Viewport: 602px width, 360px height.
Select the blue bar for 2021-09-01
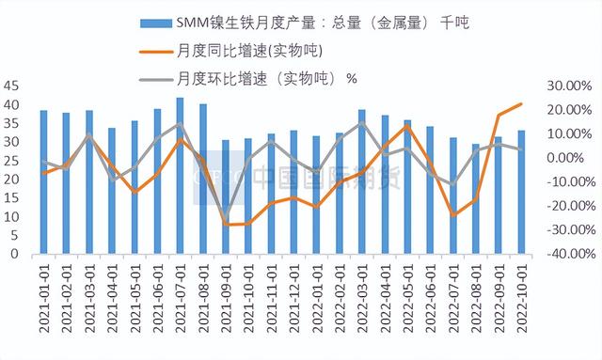point(225,197)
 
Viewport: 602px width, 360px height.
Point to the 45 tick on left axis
point(12,86)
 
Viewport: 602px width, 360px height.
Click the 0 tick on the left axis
point(16,254)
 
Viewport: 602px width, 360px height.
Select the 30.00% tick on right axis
point(567,86)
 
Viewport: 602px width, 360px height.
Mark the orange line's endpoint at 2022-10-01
point(521,104)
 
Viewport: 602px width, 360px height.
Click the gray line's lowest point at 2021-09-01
point(225,218)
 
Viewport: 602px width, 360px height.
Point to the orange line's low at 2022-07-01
point(452,215)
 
